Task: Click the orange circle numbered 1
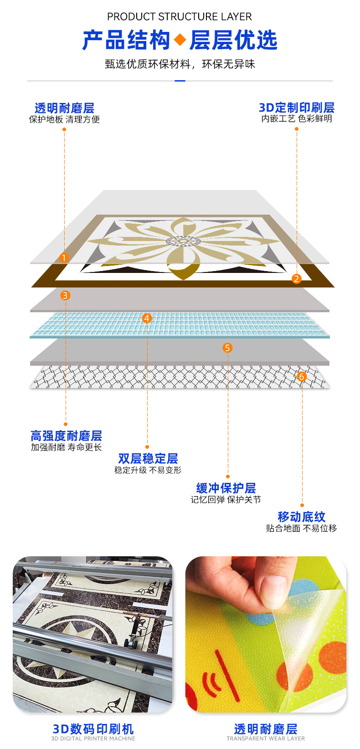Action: click(x=64, y=258)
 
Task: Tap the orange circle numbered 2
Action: click(x=296, y=279)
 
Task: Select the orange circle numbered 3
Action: click(x=65, y=296)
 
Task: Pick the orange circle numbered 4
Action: click(x=147, y=318)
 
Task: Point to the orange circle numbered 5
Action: click(x=227, y=348)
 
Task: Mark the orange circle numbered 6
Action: click(x=301, y=377)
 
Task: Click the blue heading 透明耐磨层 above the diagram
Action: click(x=64, y=108)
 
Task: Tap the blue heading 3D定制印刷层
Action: click(x=297, y=108)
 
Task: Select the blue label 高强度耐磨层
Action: click(x=66, y=436)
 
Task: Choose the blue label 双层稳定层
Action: click(x=148, y=458)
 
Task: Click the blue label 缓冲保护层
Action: click(x=226, y=488)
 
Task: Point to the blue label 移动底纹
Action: click(x=302, y=517)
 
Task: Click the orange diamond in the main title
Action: click(x=180, y=40)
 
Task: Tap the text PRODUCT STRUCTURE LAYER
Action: click(x=180, y=17)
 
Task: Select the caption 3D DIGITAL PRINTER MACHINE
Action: click(x=93, y=739)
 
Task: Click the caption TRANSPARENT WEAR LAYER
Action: click(x=266, y=739)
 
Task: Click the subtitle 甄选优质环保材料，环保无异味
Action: click(x=180, y=64)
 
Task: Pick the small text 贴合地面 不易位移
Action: click(x=302, y=528)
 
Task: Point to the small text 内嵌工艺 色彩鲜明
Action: click(x=297, y=119)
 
